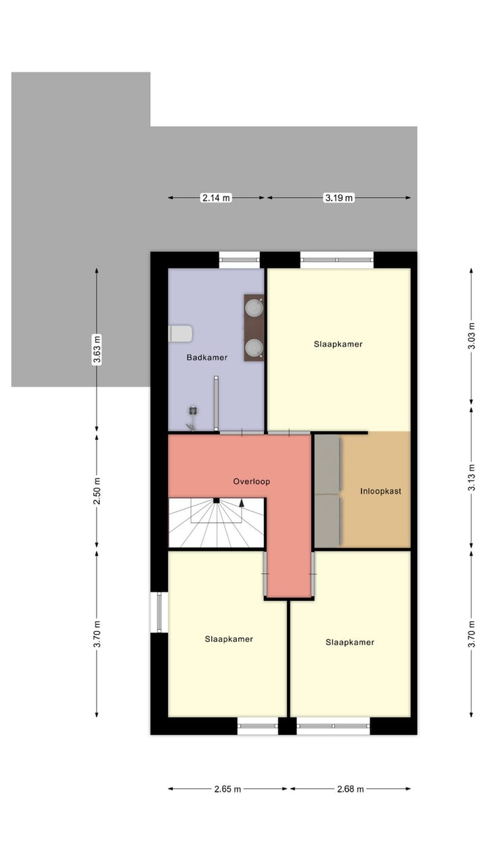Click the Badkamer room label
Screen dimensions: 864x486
click(x=207, y=357)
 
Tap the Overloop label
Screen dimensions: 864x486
click(x=251, y=481)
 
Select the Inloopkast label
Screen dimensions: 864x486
click(x=381, y=491)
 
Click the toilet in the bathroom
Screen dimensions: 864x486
click(x=180, y=333)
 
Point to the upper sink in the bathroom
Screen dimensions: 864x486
click(x=254, y=308)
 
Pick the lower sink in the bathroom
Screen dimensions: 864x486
click(x=254, y=348)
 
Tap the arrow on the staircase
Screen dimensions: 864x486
click(x=242, y=504)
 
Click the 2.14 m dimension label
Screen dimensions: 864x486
click(x=216, y=198)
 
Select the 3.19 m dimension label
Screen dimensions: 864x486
click(x=338, y=198)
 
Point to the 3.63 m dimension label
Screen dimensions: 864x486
click(x=97, y=350)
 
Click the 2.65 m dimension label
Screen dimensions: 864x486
click(x=227, y=788)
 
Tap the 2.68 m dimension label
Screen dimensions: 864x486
click(x=350, y=788)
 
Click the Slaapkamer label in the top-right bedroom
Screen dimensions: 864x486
click(x=337, y=344)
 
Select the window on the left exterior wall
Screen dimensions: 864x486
click(x=159, y=612)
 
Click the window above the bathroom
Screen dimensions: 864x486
click(x=239, y=259)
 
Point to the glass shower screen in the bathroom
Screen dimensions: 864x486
click(x=216, y=404)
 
